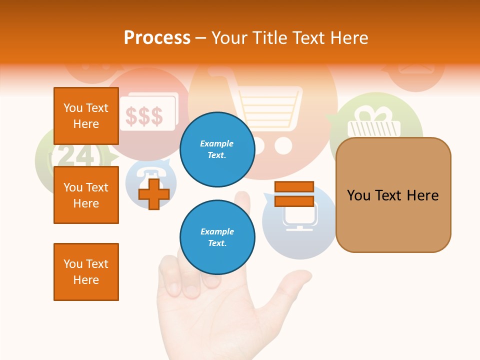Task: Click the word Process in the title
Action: point(157,37)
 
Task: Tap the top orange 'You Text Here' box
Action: point(86,116)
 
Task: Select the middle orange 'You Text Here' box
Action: point(86,195)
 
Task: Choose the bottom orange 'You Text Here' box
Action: point(86,272)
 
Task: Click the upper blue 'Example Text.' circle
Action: point(217,149)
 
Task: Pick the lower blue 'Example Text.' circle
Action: point(217,237)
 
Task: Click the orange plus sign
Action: point(154,194)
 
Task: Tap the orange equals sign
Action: point(294,194)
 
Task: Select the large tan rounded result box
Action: point(393,195)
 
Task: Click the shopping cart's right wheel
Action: point(283,146)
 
